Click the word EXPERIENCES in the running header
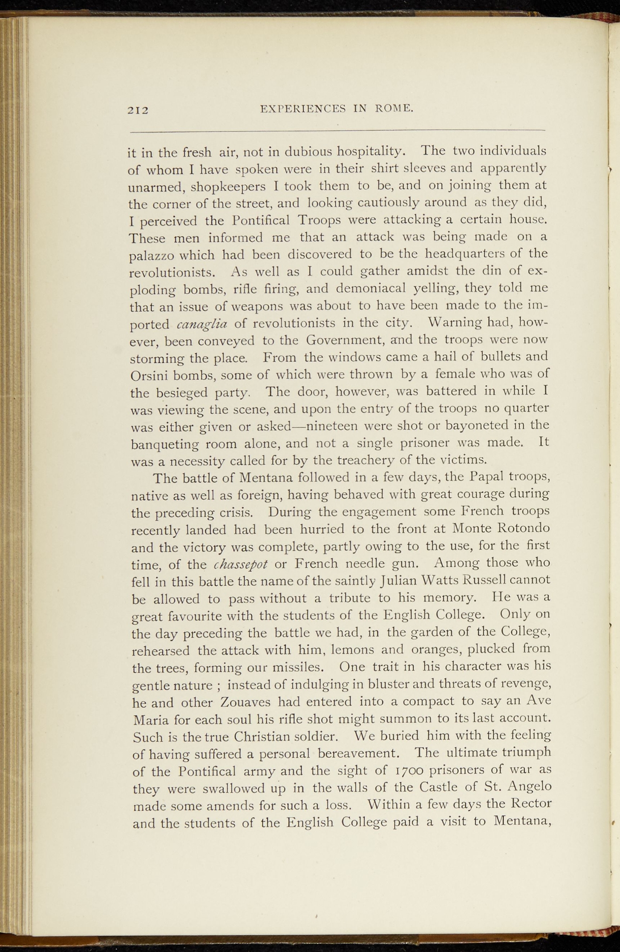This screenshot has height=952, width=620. pos(303,109)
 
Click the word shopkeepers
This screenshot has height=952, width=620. pos(228,186)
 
